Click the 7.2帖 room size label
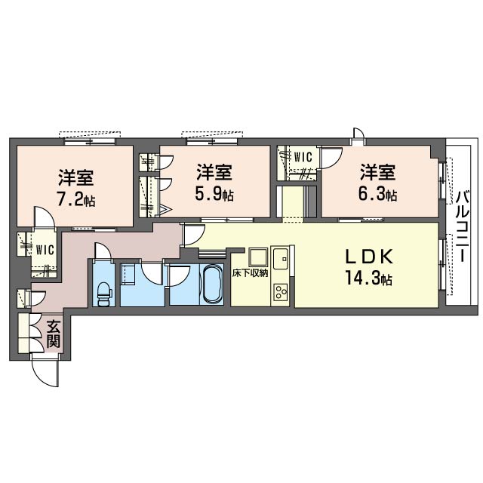(x=75, y=201)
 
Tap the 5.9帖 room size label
(x=214, y=195)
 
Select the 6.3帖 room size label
(x=377, y=195)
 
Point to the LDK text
(x=369, y=257)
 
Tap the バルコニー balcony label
(x=462, y=226)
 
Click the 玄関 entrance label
(x=54, y=334)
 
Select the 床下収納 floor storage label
(x=250, y=273)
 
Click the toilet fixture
(x=103, y=294)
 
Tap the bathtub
(x=211, y=284)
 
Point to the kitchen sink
(x=281, y=258)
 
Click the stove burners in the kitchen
(x=280, y=292)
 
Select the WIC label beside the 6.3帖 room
(x=303, y=158)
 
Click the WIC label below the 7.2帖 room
(x=45, y=250)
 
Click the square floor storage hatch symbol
(x=258, y=257)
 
